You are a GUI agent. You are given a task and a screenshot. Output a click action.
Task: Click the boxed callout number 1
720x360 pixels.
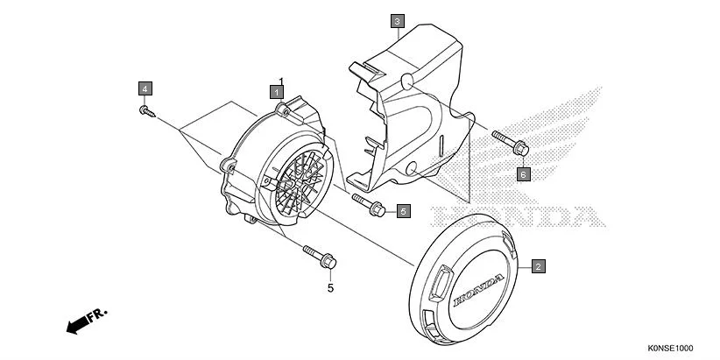tap(276, 90)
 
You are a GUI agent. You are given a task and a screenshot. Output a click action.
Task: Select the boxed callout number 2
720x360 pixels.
tap(538, 265)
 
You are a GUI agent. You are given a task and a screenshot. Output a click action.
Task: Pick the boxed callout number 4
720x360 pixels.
tap(144, 88)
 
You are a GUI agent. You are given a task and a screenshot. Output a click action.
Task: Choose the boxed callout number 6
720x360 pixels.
tap(523, 173)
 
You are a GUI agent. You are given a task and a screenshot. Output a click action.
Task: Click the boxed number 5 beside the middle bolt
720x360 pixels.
tap(403, 211)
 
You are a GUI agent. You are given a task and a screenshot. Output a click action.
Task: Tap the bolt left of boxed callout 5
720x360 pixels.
tap(371, 204)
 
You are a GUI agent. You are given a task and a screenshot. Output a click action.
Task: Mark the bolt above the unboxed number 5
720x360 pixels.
tap(320, 257)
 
